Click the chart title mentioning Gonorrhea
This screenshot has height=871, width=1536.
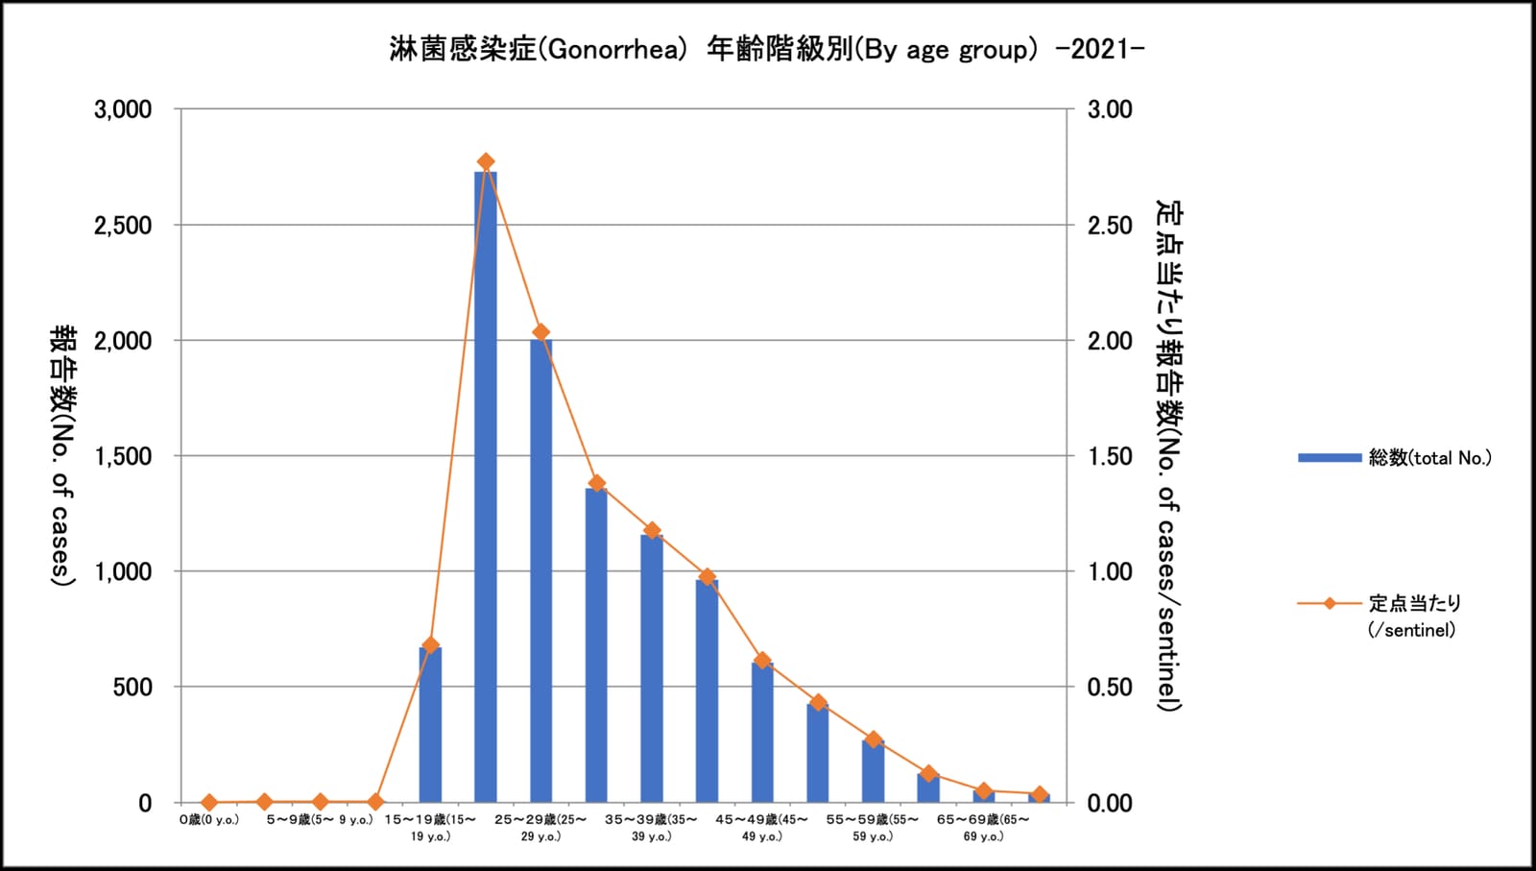coord(767,49)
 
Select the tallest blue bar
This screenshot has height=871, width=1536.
coord(486,487)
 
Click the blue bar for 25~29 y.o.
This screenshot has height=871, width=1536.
coord(541,570)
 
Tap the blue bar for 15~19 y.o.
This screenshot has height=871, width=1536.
coord(431,724)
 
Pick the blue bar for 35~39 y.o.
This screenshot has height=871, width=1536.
coord(652,668)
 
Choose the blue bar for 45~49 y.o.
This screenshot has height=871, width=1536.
coord(762,733)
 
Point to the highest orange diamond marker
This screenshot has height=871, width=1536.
coord(486,162)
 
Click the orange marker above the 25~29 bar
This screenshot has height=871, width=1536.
coord(541,332)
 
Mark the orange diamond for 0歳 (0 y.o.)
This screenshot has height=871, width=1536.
coord(209,802)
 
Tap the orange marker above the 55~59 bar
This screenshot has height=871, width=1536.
coord(873,739)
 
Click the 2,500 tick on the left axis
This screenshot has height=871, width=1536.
coord(123,225)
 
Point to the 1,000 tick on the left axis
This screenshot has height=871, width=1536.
coord(123,571)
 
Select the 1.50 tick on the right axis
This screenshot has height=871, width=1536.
coord(1110,456)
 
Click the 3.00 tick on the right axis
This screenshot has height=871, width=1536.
coord(1110,109)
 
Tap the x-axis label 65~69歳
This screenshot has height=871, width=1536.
coord(983,827)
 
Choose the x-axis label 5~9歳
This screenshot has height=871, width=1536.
coord(320,819)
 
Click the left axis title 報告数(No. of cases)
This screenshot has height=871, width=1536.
coord(63,456)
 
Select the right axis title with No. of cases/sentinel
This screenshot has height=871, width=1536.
coord(1169,456)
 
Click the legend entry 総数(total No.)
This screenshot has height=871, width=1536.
coord(1395,457)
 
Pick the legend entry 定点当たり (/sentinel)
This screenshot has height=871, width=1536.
coord(1380,616)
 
